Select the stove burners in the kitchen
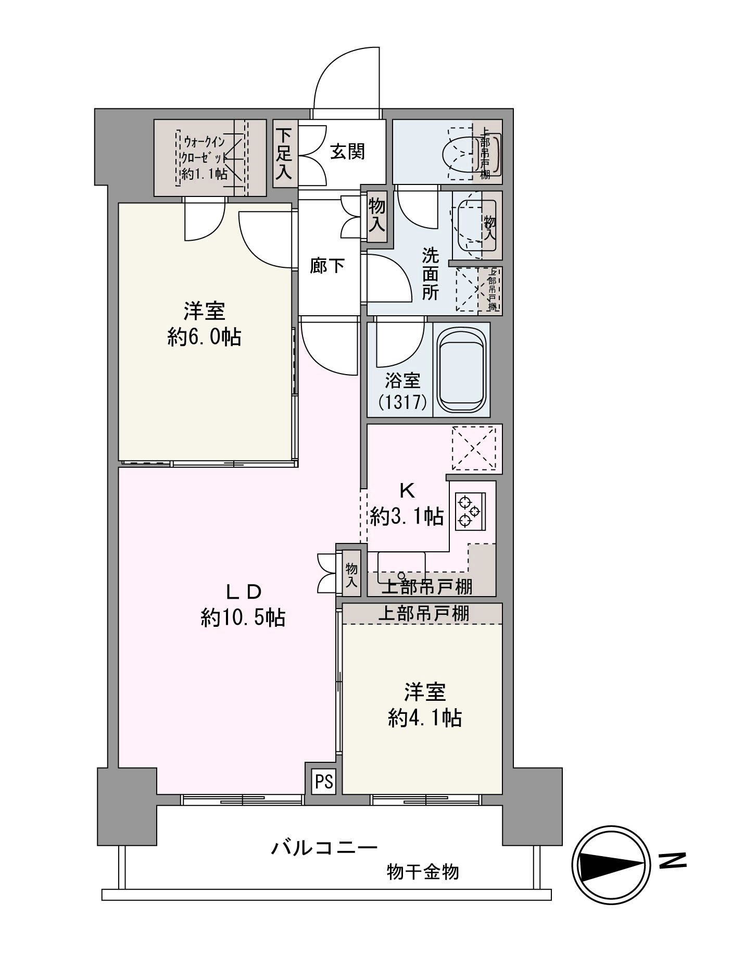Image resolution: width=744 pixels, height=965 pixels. click(x=468, y=511)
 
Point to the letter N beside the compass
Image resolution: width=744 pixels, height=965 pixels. click(x=672, y=860)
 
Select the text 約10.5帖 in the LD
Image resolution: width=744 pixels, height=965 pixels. click(x=243, y=618)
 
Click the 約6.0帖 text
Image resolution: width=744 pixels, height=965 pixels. click(x=204, y=337)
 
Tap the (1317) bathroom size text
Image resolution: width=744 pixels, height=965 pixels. click(x=403, y=402)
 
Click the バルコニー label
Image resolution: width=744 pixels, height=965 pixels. click(x=324, y=848)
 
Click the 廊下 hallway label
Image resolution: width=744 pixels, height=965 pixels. click(x=327, y=266)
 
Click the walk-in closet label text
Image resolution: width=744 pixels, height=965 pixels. click(x=205, y=157)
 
